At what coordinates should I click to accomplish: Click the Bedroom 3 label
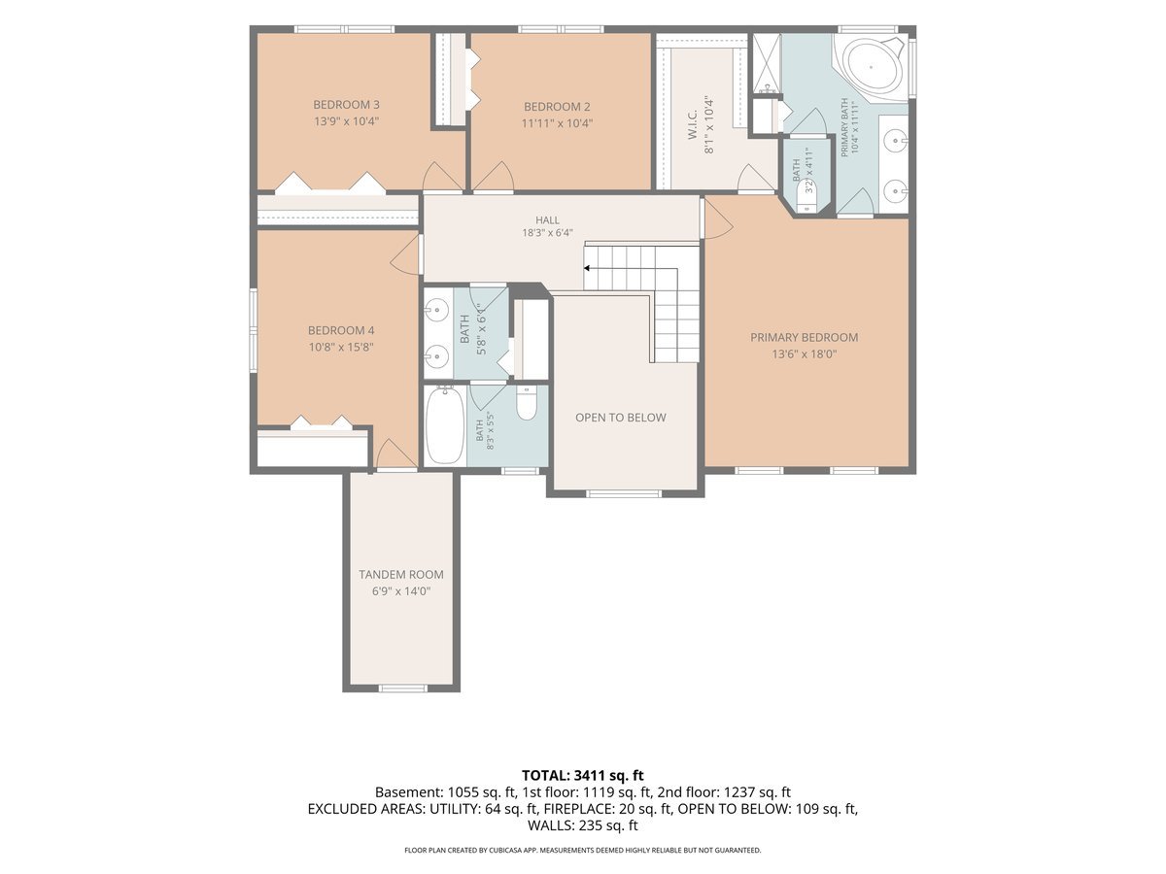(x=346, y=105)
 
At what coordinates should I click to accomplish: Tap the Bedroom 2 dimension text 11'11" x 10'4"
(x=557, y=123)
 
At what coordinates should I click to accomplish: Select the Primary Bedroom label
(x=804, y=337)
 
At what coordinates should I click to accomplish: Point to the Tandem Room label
(x=401, y=574)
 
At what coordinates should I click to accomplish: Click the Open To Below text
(x=621, y=418)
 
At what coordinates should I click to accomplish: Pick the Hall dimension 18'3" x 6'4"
(x=547, y=232)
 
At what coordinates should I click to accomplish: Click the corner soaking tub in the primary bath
(x=873, y=68)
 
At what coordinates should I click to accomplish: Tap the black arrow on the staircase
(x=587, y=268)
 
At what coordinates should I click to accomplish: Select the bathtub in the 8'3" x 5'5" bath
(x=445, y=425)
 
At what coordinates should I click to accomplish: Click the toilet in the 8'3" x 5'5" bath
(x=527, y=403)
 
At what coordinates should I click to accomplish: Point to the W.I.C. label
(x=692, y=124)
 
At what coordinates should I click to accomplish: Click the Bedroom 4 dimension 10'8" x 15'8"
(x=341, y=347)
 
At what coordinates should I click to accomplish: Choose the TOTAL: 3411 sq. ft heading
(x=583, y=775)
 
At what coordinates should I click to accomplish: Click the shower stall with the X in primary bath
(x=765, y=62)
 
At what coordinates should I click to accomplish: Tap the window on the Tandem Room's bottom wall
(x=402, y=689)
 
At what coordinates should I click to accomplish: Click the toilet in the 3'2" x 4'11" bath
(x=807, y=196)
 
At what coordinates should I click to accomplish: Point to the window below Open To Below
(x=624, y=493)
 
